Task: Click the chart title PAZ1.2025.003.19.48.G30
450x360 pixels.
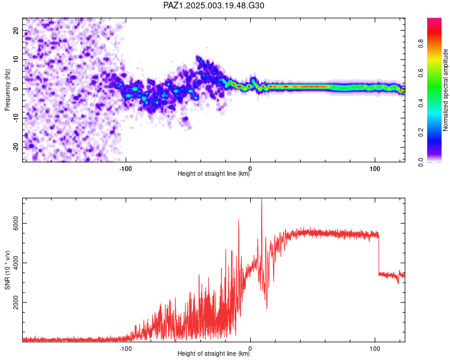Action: pyautogui.click(x=214, y=5)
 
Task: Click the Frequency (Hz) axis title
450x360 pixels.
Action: pyautogui.click(x=7, y=90)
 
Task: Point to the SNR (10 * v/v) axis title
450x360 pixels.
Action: pyautogui.click(x=7, y=270)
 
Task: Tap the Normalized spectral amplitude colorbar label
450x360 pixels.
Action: pyautogui.click(x=445, y=90)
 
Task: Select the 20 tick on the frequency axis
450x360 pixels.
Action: pyautogui.click(x=16, y=31)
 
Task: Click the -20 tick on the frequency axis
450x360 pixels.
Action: pyautogui.click(x=16, y=148)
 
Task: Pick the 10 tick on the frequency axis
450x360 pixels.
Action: pyautogui.click(x=16, y=59)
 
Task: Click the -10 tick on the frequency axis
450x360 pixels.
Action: pyautogui.click(x=16, y=118)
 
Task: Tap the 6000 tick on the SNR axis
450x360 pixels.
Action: pyautogui.click(x=16, y=223)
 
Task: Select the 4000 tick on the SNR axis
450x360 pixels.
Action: pyautogui.click(x=16, y=263)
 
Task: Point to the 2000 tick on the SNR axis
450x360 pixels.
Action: pyautogui.click(x=16, y=302)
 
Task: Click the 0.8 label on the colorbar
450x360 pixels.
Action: pyautogui.click(x=421, y=44)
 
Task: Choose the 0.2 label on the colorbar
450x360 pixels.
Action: pyautogui.click(x=421, y=133)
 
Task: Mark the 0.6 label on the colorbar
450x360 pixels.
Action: pyautogui.click(x=421, y=73)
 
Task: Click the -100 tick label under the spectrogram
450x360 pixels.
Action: pyautogui.click(x=125, y=169)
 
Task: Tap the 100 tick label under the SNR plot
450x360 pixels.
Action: pyautogui.click(x=375, y=349)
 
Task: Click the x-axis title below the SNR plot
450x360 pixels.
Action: pyautogui.click(x=214, y=353)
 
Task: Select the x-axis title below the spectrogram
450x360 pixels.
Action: pyautogui.click(x=214, y=173)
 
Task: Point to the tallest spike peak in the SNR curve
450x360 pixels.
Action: pyautogui.click(x=262, y=199)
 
